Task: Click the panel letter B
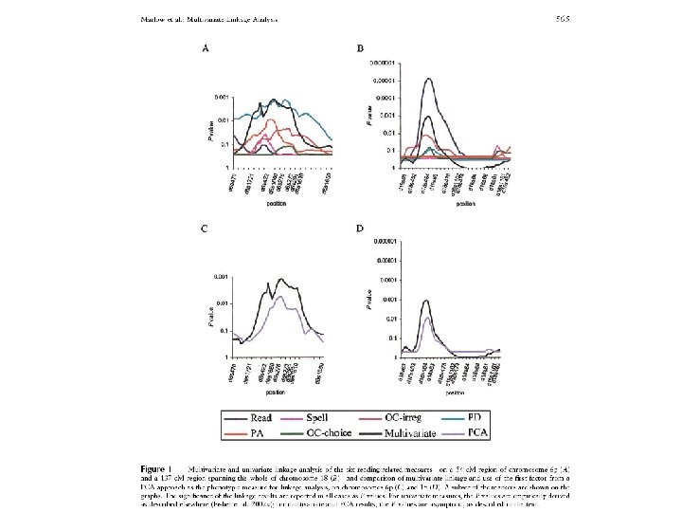(360, 48)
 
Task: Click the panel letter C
(203, 229)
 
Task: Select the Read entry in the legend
(261, 417)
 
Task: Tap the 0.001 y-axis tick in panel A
(222, 97)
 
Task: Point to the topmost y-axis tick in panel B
(376, 62)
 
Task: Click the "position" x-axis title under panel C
(276, 392)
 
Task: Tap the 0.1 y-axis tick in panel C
(224, 331)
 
